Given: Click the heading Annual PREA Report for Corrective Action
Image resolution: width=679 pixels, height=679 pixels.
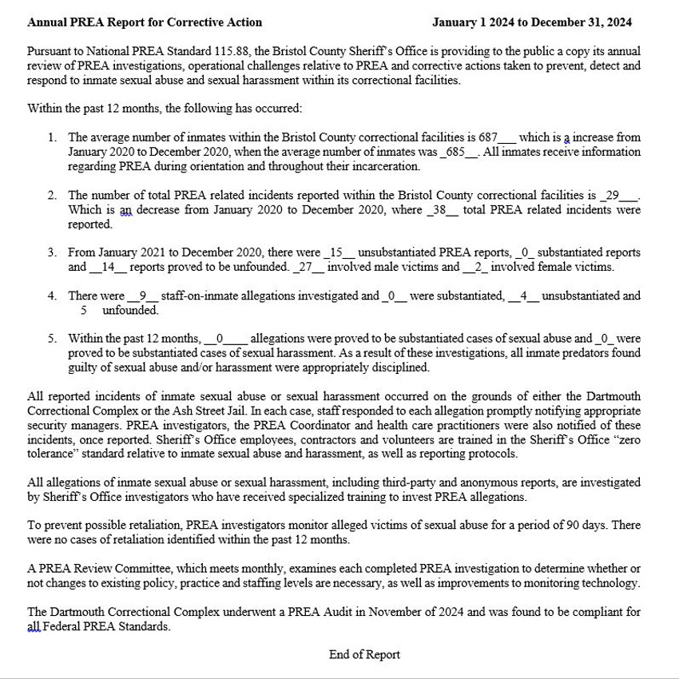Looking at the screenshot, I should click(x=144, y=22).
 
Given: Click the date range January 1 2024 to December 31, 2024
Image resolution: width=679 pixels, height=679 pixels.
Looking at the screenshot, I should click(x=532, y=22).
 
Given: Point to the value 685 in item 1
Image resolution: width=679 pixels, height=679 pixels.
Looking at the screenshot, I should click(x=456, y=152).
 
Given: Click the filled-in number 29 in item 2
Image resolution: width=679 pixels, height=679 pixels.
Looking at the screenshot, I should click(x=613, y=195).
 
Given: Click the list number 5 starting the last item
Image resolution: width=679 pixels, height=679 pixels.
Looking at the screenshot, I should click(x=51, y=339).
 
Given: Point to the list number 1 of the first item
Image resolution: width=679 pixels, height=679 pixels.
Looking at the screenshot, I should click(x=51, y=137).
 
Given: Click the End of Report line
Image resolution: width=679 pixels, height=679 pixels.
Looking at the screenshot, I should click(x=364, y=655).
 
